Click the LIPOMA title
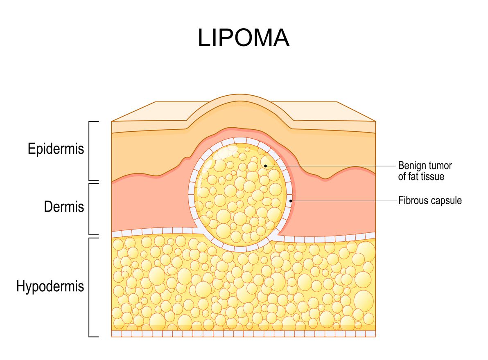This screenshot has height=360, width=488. (x=244, y=38)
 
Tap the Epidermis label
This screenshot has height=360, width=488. (x=56, y=148)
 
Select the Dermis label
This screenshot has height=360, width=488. (x=64, y=207)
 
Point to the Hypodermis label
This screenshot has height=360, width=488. (x=50, y=286)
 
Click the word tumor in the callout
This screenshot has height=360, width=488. (x=440, y=166)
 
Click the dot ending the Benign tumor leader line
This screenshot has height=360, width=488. (x=265, y=166)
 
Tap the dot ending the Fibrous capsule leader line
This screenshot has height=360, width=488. (x=291, y=201)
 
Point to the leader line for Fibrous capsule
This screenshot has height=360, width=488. (x=344, y=201)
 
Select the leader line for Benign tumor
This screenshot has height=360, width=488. (x=332, y=166)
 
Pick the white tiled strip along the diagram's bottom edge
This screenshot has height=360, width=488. (x=243, y=334)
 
